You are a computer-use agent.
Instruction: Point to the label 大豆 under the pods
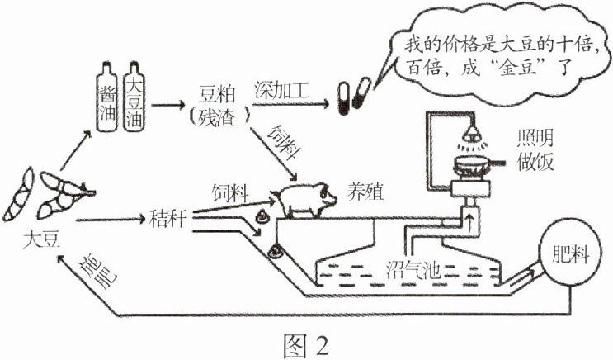pyautogui.click(x=40, y=241)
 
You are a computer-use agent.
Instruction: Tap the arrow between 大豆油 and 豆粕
pyautogui.click(x=176, y=105)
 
